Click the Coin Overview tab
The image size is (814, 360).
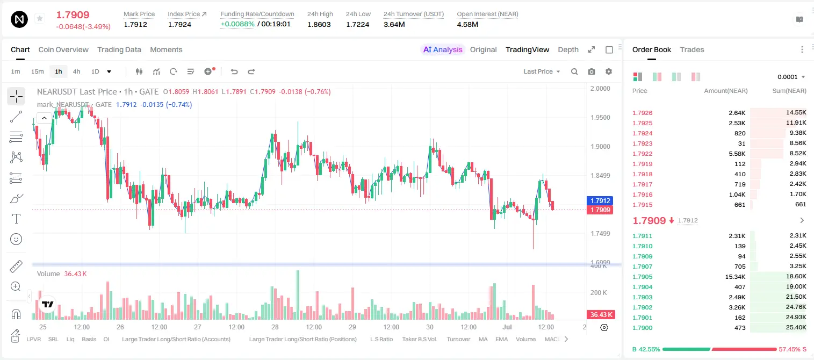click(x=63, y=50)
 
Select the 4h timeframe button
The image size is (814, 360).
click(x=76, y=71)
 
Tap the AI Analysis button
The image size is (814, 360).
click(x=443, y=50)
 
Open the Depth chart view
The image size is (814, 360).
click(x=568, y=50)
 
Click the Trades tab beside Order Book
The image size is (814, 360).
click(x=692, y=50)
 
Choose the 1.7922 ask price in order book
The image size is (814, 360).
click(x=643, y=154)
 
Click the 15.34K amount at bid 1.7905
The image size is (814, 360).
click(x=735, y=277)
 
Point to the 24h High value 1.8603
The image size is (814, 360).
click(x=319, y=24)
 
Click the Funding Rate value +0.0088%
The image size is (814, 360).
click(x=237, y=24)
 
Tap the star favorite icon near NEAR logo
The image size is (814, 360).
click(x=40, y=18)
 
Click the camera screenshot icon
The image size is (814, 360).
click(x=592, y=71)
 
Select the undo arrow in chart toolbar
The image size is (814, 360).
click(x=234, y=71)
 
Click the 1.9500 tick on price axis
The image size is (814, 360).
click(x=600, y=118)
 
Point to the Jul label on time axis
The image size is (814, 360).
click(x=507, y=327)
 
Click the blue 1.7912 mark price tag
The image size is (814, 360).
click(x=600, y=200)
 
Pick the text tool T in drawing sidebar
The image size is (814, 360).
click(x=16, y=219)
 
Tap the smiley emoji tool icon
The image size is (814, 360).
click(x=16, y=239)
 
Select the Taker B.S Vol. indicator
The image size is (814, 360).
click(x=419, y=339)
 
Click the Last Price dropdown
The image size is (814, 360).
click(x=542, y=71)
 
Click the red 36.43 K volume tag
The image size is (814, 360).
click(x=601, y=314)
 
